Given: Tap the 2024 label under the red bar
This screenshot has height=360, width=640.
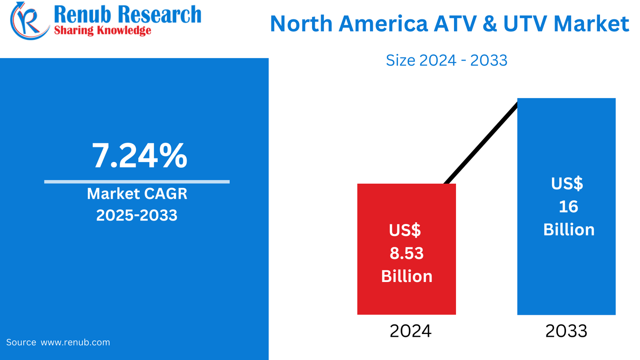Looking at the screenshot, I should click(x=410, y=331).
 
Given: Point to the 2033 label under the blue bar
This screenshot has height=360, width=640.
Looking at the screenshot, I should click(x=566, y=331).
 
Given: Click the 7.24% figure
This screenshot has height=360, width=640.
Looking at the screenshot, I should click(x=140, y=156).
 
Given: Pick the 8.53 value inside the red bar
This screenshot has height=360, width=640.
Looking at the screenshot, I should click(x=406, y=253).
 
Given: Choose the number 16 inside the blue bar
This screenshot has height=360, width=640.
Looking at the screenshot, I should click(x=568, y=206).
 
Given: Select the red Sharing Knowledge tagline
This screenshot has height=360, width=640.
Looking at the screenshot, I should click(x=102, y=30).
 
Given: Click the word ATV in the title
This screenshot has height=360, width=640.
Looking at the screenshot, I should click(x=455, y=24).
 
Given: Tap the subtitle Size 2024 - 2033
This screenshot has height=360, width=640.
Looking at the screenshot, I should click(x=446, y=60).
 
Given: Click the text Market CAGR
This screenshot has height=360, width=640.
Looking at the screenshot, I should click(x=137, y=194).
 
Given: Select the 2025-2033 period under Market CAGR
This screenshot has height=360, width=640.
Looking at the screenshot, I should click(x=137, y=215).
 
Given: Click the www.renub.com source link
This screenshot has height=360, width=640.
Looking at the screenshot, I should click(x=75, y=342).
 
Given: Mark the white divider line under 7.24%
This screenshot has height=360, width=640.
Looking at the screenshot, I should click(x=137, y=182).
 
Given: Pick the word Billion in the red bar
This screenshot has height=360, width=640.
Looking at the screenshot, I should click(x=406, y=276).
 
